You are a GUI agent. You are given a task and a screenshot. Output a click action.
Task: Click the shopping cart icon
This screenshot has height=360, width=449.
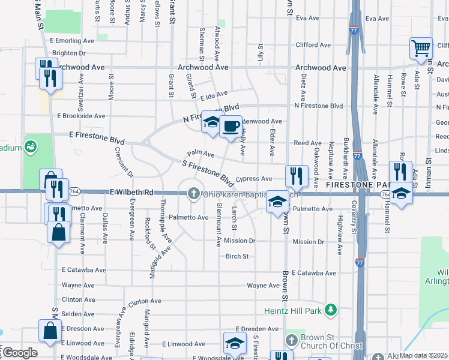[421, 49]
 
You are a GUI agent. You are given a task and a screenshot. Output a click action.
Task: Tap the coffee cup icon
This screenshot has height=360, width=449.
[230, 127]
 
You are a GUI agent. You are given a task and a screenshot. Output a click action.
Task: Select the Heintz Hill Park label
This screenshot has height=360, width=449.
[292, 310]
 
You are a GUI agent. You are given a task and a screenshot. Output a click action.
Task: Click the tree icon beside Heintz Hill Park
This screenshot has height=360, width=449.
[330, 310]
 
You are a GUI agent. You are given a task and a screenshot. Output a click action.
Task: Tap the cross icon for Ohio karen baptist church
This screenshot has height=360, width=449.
[193, 193]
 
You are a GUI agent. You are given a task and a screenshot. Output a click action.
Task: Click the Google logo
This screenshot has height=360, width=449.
[20, 353]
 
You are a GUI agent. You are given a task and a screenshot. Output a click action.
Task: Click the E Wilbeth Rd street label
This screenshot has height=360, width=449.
[131, 193]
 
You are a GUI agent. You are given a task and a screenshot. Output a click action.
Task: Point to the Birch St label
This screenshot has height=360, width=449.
[237, 256]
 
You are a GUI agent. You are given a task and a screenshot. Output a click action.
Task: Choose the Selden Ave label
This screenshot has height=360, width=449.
[75, 314]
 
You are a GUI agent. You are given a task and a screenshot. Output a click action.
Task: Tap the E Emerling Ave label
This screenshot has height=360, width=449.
[72, 41]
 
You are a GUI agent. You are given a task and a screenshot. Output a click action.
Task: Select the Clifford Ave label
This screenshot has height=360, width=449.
[313, 45]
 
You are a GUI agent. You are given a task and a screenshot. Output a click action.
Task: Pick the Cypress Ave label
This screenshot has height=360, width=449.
[254, 179]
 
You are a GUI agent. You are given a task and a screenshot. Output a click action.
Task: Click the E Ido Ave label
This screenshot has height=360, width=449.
[214, 95]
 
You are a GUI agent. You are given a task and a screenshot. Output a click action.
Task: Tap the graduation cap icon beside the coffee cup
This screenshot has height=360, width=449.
[212, 122]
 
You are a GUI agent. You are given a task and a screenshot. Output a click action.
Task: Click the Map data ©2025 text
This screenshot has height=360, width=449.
[424, 355]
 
